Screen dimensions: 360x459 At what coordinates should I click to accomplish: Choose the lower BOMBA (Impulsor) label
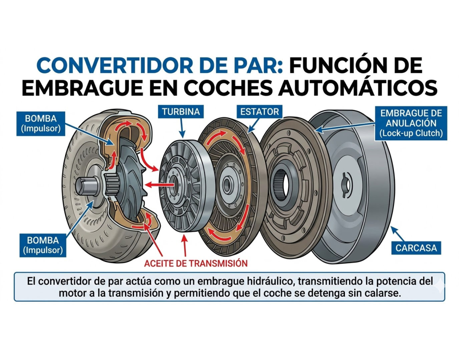pyautogui.click(x=44, y=245)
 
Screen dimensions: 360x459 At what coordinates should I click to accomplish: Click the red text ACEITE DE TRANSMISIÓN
pyautogui.click(x=196, y=263)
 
